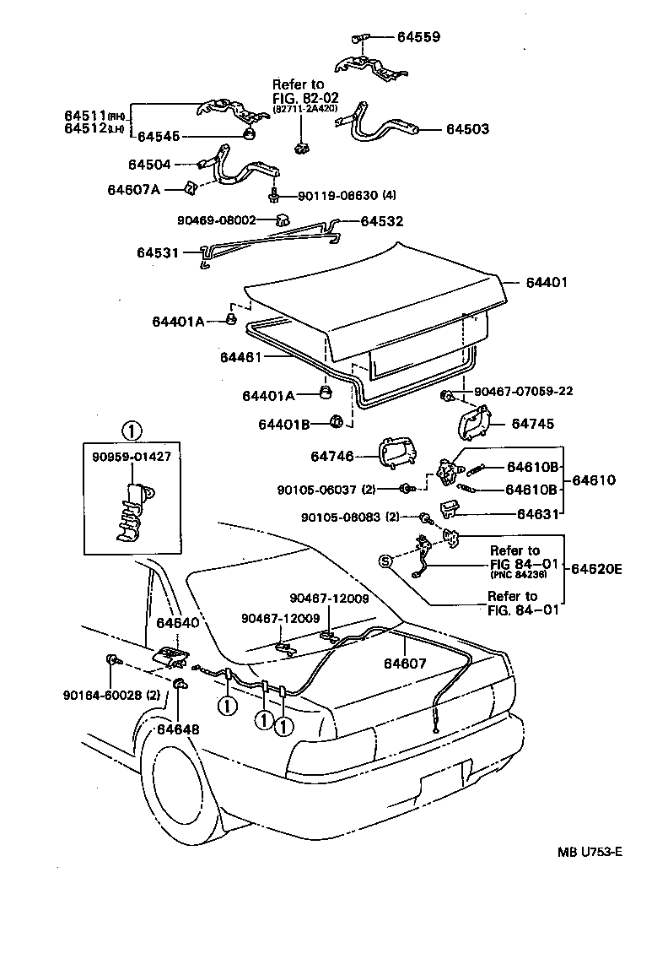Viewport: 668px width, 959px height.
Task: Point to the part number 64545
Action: [159, 135]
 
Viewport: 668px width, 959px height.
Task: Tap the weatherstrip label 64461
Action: [242, 357]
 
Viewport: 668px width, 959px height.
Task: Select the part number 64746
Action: [331, 456]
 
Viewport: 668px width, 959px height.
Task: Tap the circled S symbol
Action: [386, 562]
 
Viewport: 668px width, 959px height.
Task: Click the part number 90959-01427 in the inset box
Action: [131, 457]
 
